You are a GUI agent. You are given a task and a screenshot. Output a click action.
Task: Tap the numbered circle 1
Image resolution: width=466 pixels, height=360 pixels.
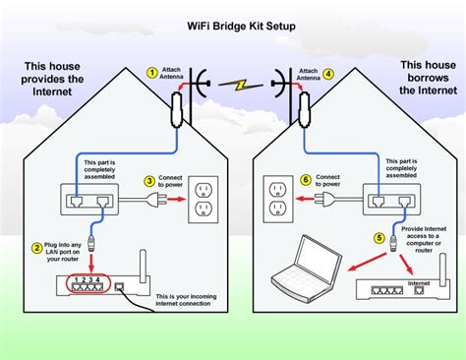152,72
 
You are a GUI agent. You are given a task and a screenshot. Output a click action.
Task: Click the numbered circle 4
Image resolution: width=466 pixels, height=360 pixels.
329,72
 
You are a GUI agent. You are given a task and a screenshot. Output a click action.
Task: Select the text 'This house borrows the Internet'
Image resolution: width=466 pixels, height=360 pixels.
423,79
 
